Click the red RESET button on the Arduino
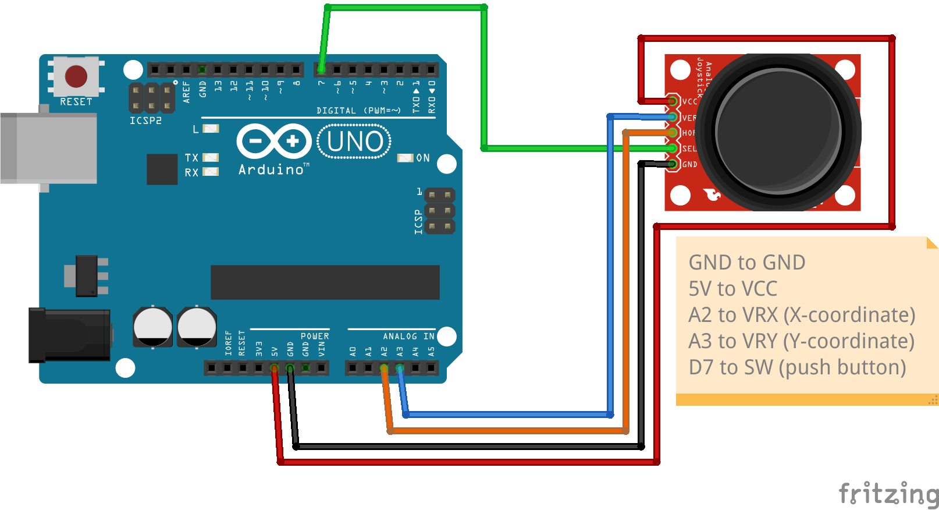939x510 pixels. pyautogui.click(x=76, y=76)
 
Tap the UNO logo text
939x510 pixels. pyautogui.click(x=354, y=141)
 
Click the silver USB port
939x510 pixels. pyautogui.click(x=49, y=148)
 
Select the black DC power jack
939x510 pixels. pyautogui.click(x=70, y=336)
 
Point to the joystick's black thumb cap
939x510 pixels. pyautogui.click(x=778, y=132)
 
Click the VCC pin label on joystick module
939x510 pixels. pyautogui.click(x=689, y=101)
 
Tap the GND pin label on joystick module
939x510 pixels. pyautogui.click(x=689, y=165)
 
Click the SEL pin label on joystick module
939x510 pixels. pyautogui.click(x=689, y=149)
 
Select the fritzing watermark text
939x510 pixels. pyautogui.click(x=888, y=494)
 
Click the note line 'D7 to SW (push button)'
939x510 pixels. pyautogui.click(x=797, y=367)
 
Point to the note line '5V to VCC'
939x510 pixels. pyautogui.click(x=732, y=289)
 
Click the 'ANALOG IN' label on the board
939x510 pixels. pyautogui.click(x=408, y=337)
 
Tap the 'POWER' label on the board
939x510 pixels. pyautogui.click(x=315, y=337)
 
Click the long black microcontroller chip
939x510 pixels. pyautogui.click(x=325, y=282)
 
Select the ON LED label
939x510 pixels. pyautogui.click(x=423, y=158)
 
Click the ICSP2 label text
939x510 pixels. pyautogui.click(x=145, y=121)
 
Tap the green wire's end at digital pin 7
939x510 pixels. pyautogui.click(x=321, y=69)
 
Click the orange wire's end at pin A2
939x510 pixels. pyautogui.click(x=384, y=368)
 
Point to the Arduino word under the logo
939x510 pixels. pyautogui.click(x=271, y=169)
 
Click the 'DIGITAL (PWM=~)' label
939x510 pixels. pyautogui.click(x=358, y=111)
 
